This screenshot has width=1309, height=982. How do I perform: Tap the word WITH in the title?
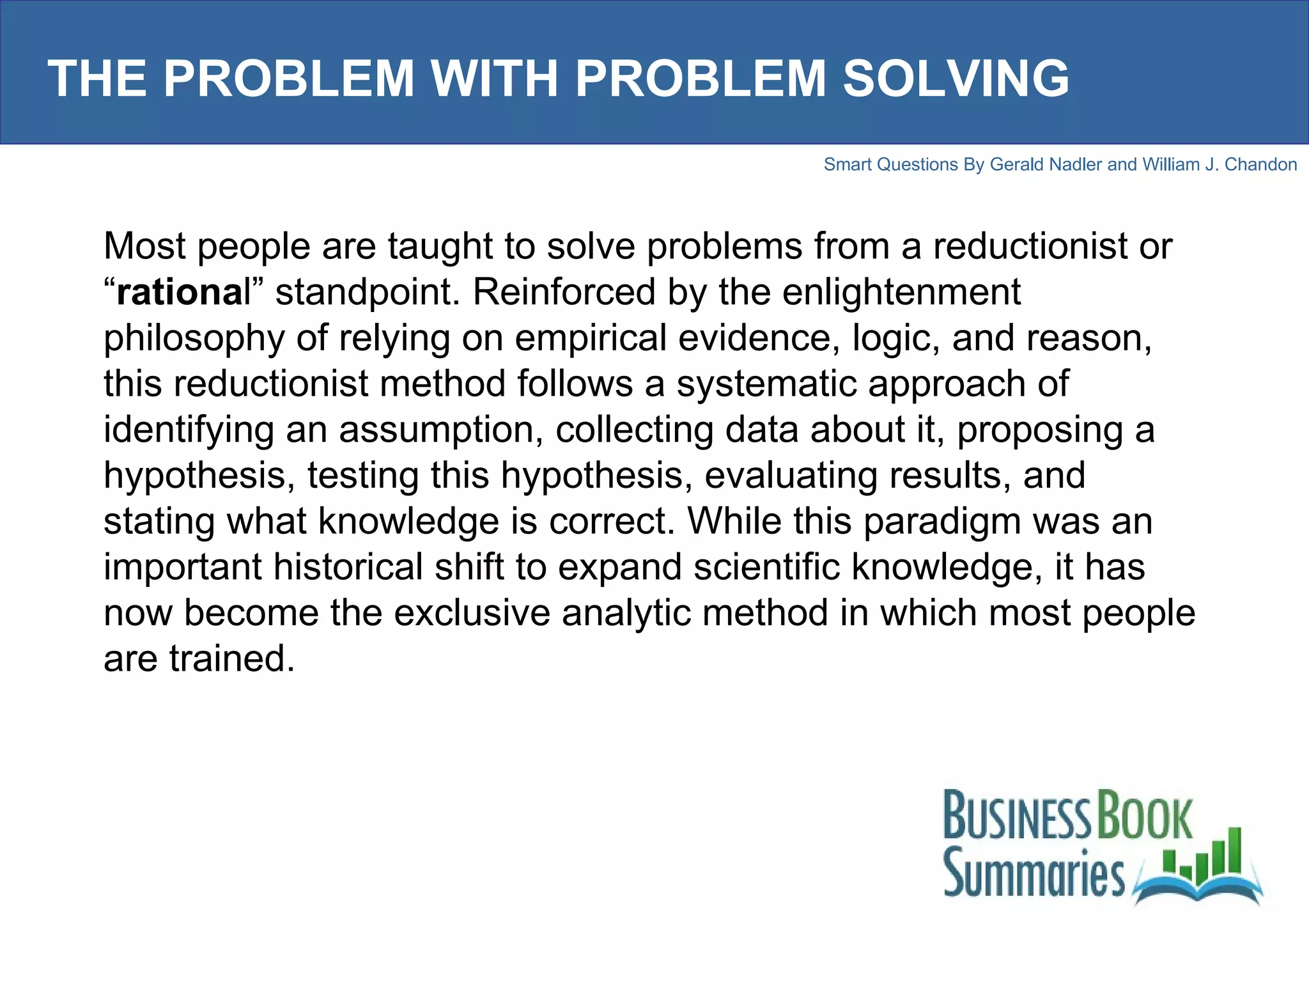coord(495,79)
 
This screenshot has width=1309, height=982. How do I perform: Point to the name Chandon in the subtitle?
coord(1260,165)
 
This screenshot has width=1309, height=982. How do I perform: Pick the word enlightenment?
coord(901,292)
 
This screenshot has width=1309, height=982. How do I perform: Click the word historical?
coord(348,567)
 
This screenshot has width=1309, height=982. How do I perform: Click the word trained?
coord(232,659)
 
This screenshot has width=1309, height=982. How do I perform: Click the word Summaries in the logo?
coord(1034,873)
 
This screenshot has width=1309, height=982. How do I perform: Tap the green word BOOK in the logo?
coord(1145,816)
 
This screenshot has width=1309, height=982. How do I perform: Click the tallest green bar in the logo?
coord(1235,850)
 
